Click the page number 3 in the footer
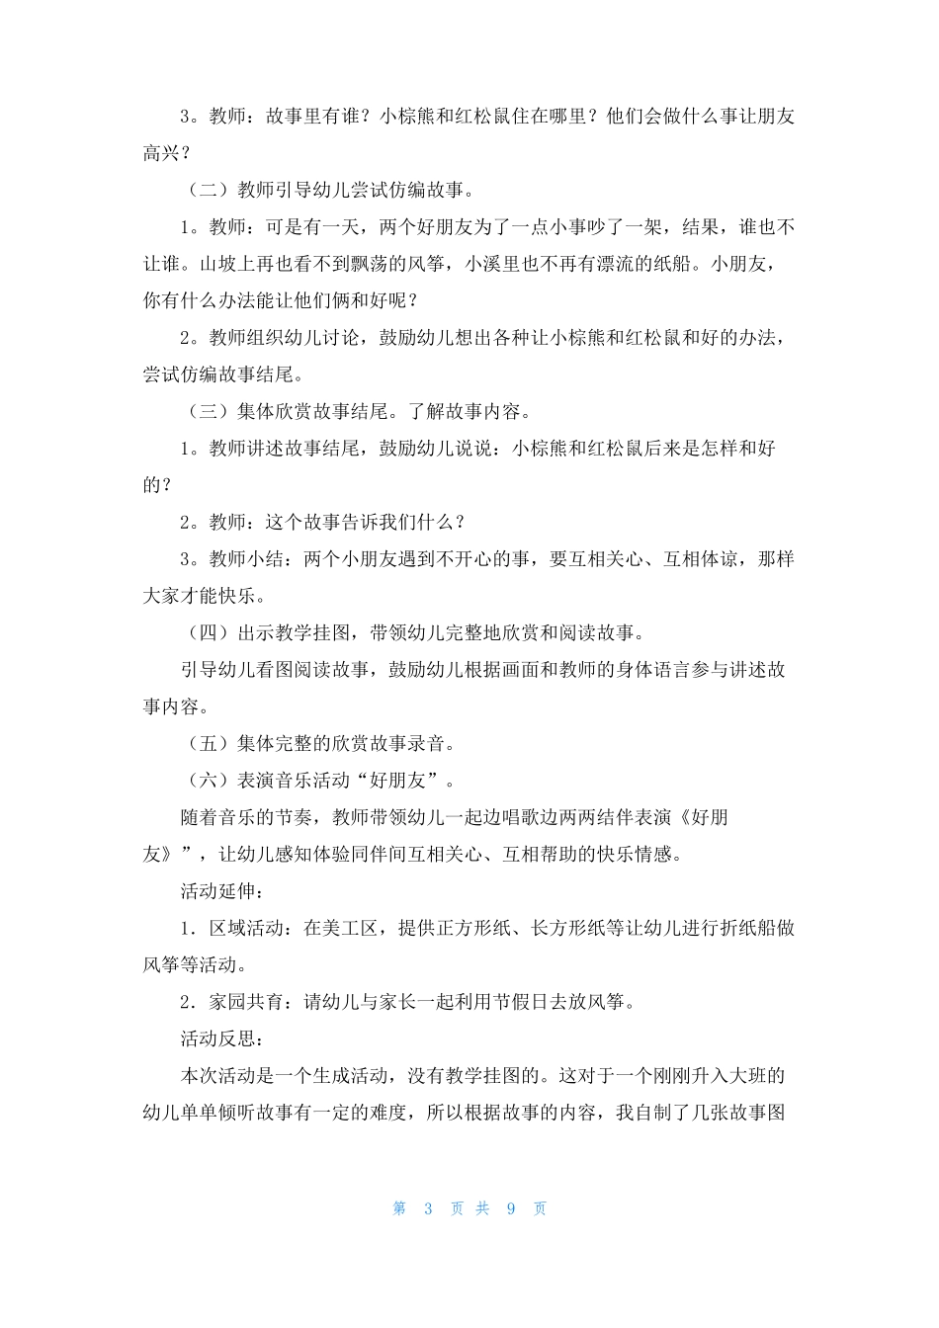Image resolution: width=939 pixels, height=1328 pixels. [428, 1208]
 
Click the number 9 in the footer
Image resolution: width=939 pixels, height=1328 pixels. [511, 1208]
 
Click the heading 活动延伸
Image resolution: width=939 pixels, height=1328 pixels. [217, 890]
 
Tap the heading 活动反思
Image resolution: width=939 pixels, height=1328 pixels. [217, 1038]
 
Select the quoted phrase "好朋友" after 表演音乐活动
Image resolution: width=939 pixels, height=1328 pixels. [397, 780]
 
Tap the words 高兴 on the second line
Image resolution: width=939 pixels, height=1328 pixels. [161, 153]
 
